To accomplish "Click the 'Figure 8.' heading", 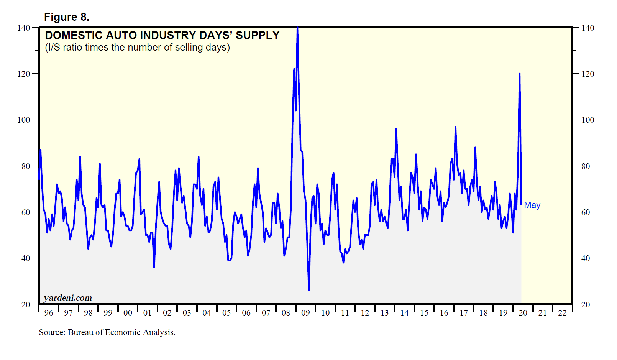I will pos(67,17).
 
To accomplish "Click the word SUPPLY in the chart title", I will pos(258,35).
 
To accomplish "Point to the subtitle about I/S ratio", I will pos(137,48).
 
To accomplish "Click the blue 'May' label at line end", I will pos(532,205).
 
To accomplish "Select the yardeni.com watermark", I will pos(68,298).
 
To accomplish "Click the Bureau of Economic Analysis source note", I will pos(107,332).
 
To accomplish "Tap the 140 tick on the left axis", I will pos(23,28).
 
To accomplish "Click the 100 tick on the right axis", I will pos(587,120).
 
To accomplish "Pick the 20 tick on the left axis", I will pos(26,304).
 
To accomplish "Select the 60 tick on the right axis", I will pos(585,212).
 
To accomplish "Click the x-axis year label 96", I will pos(49,313).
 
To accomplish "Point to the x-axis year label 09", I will pos(305,313).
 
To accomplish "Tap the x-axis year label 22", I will pos(562,313).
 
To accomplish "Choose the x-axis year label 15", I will pos(424,313).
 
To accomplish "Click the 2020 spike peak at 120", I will pos(519,74).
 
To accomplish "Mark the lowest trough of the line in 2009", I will pos(309,290).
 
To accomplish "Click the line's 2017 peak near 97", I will pos(455,127).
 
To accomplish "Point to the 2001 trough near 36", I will pos(154,267).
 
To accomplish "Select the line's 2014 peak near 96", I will pos(396,129).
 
